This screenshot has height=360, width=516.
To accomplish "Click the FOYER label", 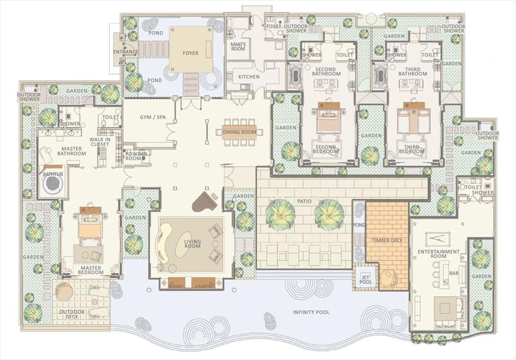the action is (x=190, y=53).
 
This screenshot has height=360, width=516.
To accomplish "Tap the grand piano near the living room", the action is (x=204, y=201).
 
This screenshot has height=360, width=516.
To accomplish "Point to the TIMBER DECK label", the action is (x=387, y=240).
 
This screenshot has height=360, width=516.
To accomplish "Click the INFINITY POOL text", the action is (x=311, y=312).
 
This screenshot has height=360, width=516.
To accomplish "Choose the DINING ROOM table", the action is (x=239, y=132).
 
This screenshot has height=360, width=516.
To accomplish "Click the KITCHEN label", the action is (x=249, y=77).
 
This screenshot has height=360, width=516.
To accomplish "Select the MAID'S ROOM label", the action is (x=238, y=47).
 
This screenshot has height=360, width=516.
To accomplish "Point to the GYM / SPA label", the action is (x=153, y=117).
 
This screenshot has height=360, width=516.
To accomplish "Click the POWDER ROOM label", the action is (x=136, y=156).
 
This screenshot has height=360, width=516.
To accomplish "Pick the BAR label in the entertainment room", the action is (x=454, y=273).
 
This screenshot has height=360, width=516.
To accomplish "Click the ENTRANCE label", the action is (x=125, y=52).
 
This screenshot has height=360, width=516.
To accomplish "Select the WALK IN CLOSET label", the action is (x=100, y=142).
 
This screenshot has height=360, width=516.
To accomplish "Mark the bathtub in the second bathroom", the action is (x=295, y=76).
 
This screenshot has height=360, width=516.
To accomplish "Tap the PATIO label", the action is (x=304, y=201).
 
